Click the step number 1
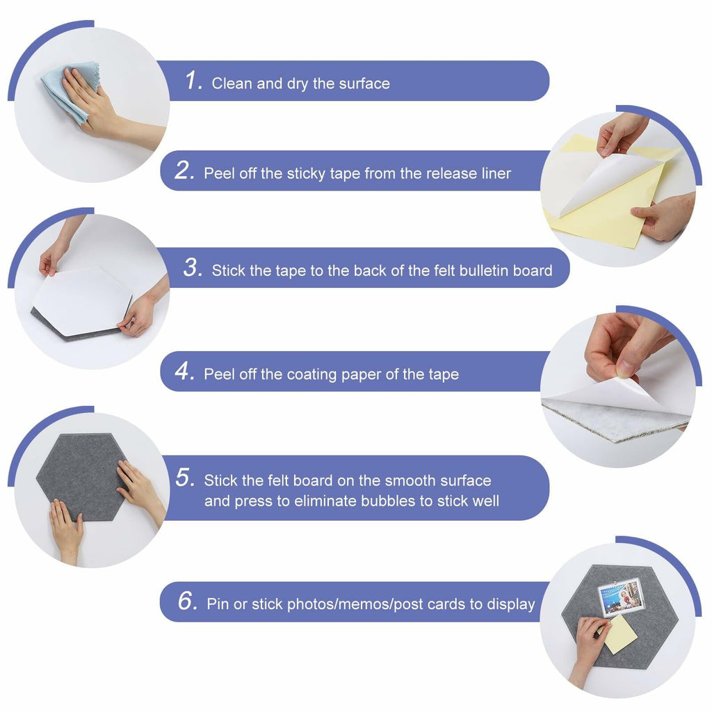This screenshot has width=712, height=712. [x=194, y=81]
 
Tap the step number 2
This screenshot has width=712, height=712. [x=185, y=170]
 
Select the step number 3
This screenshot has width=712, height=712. [x=193, y=268]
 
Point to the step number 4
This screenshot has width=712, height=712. [x=185, y=371]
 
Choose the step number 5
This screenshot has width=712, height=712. [x=186, y=477]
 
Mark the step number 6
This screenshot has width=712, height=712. [x=188, y=601]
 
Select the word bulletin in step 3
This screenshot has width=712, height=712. [x=484, y=270]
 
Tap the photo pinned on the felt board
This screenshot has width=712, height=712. [x=621, y=597]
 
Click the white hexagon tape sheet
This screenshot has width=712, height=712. [x=82, y=300]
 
